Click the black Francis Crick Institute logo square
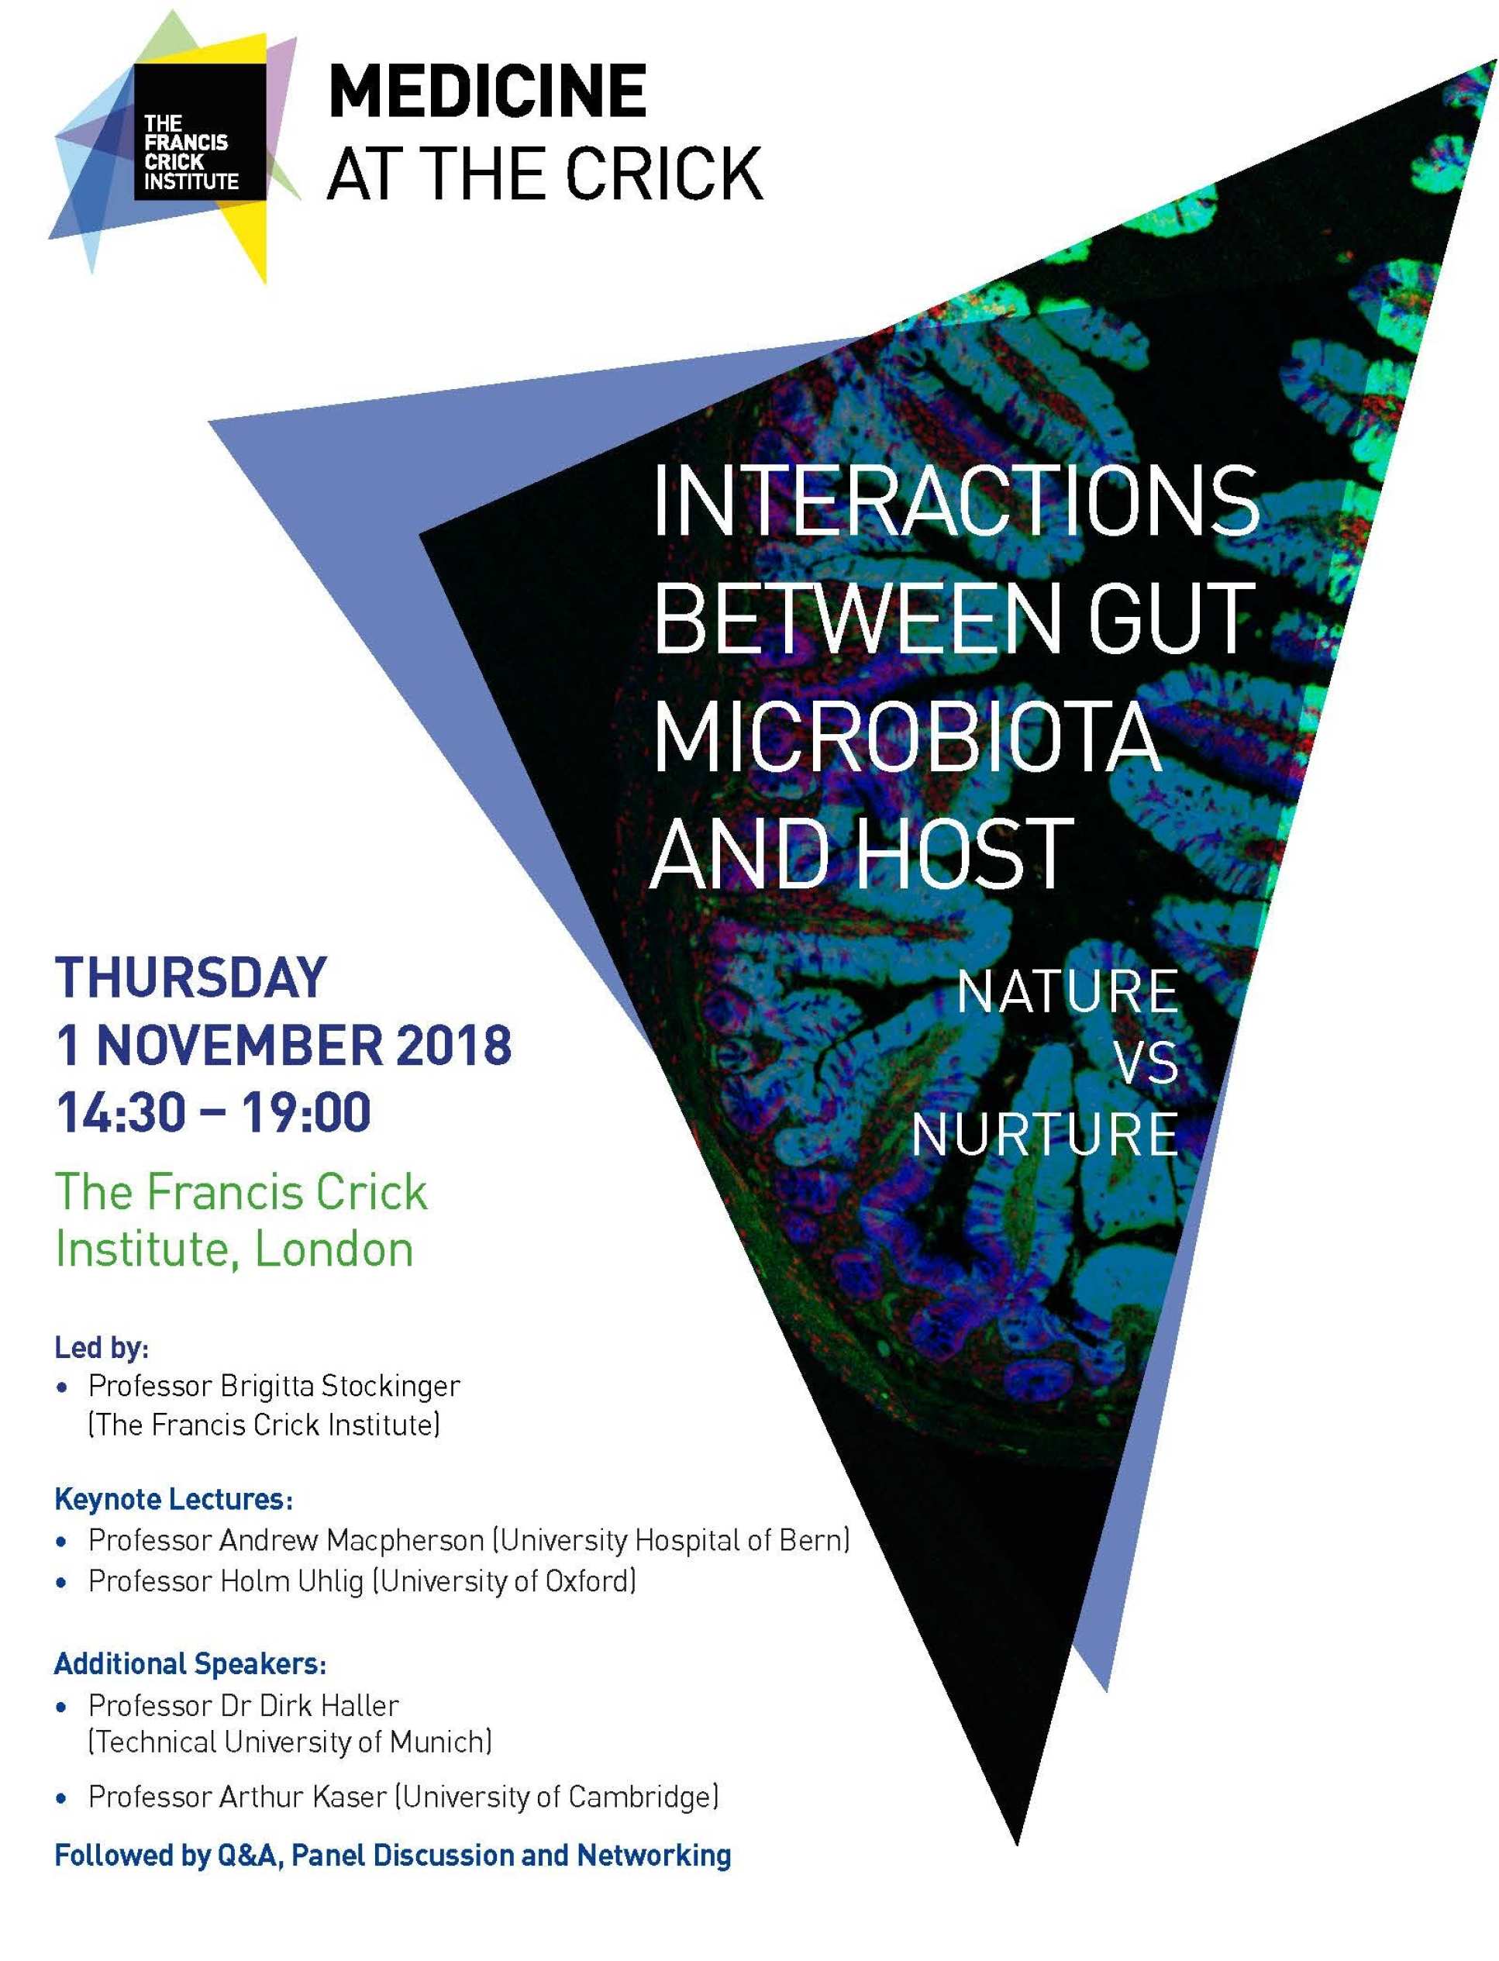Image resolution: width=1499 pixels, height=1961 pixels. [200, 131]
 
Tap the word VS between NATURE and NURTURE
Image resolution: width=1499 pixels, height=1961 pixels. [1147, 1063]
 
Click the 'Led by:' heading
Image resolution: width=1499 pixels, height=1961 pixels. [102, 1346]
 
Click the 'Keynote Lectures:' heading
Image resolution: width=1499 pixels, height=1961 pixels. [174, 1499]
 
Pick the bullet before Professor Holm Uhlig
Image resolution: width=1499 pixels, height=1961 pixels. [60, 1584]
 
